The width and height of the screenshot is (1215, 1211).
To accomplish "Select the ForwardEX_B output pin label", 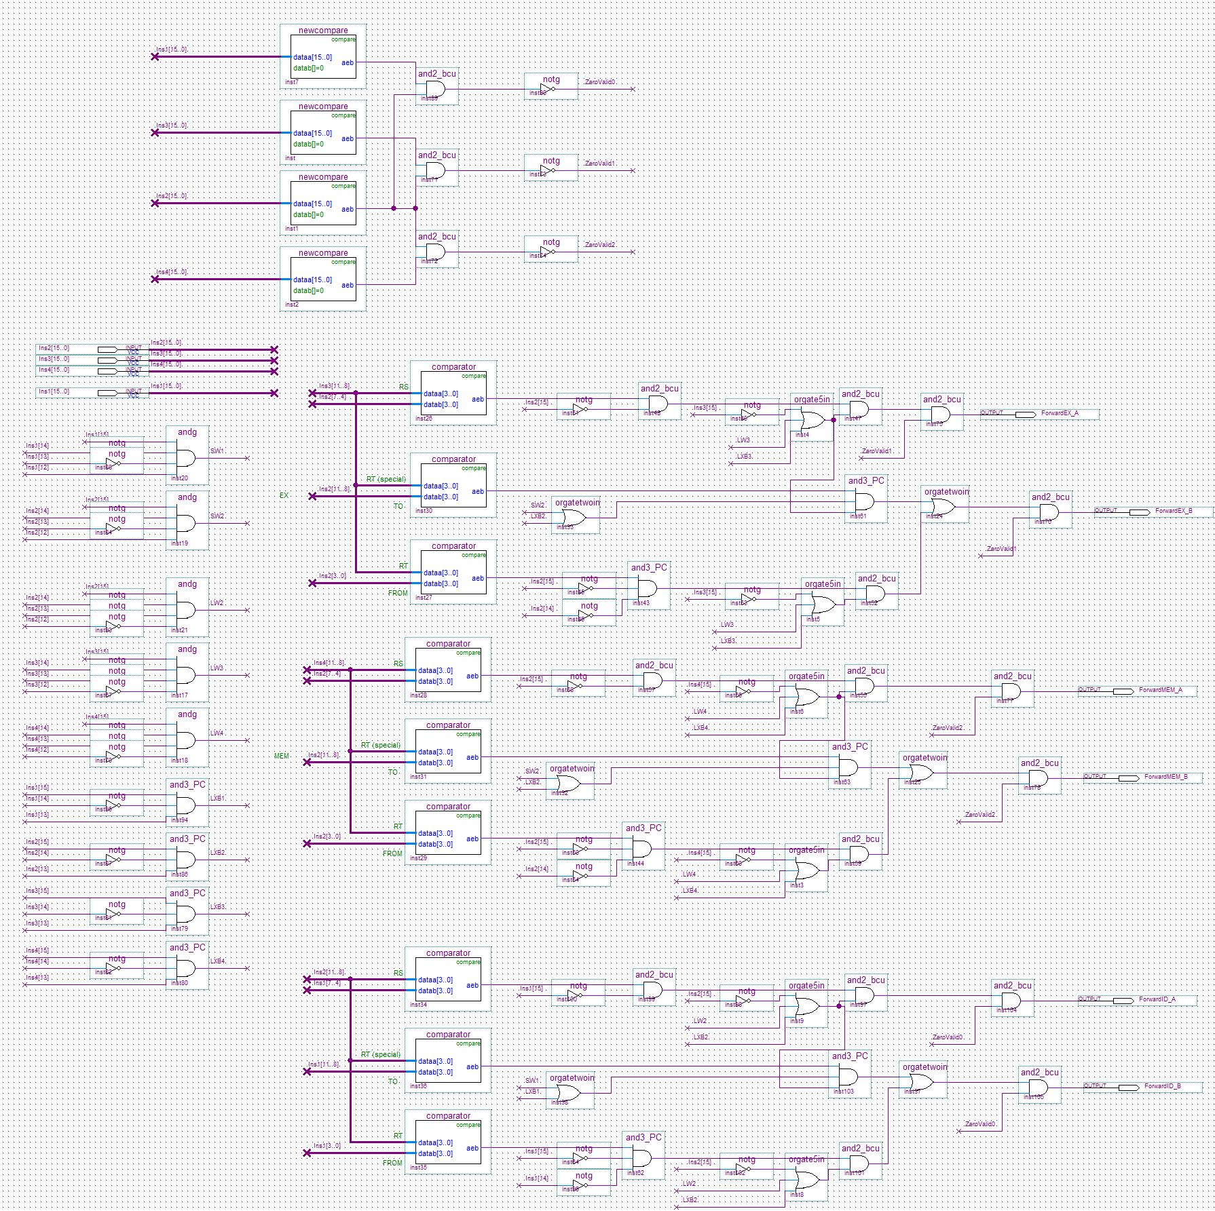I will (1173, 510).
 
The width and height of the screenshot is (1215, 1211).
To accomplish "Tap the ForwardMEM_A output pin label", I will (1160, 689).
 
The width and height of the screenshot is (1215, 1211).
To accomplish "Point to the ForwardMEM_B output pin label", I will (1165, 776).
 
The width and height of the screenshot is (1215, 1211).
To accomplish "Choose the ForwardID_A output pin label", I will (1157, 999).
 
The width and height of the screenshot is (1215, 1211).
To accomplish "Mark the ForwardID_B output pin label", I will (1162, 1085).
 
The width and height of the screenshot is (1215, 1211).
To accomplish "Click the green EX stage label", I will (284, 495).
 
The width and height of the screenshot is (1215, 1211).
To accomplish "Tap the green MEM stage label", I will (281, 756).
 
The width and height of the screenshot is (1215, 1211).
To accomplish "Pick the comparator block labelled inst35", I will (448, 1147).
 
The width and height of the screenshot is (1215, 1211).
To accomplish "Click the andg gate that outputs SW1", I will (185, 459).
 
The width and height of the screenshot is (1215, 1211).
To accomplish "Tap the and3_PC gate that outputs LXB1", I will (185, 806).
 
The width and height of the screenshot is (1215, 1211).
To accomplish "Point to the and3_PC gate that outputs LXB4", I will (185, 969).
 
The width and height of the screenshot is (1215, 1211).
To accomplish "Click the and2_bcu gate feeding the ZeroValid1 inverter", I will (435, 171).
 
